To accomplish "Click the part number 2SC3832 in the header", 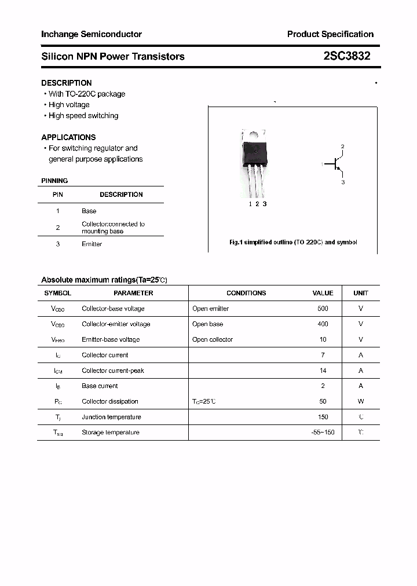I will pyautogui.click(x=347, y=56).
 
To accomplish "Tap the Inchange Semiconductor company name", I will pyautogui.click(x=92, y=34).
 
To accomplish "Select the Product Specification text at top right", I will pyautogui.click(x=330, y=34).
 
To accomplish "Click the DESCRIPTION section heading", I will pyautogui.click(x=66, y=83).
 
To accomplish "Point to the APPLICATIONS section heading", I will pyautogui.click(x=68, y=137).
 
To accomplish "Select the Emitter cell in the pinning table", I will pyautogui.click(x=92, y=244).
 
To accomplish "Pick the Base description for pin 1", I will pyautogui.click(x=89, y=211).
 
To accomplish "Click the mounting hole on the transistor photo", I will pyautogui.click(x=253, y=135).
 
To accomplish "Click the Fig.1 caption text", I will pyautogui.click(x=293, y=242).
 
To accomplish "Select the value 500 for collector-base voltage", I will pyautogui.click(x=323, y=309).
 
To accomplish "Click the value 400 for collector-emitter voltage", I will pyautogui.click(x=323, y=324).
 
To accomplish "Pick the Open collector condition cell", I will pyautogui.click(x=213, y=340).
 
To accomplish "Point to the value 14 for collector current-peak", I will pyautogui.click(x=323, y=371).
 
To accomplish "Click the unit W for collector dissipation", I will pyautogui.click(x=361, y=401).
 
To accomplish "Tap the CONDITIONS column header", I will pyautogui.click(x=246, y=293).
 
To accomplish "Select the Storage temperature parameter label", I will pyautogui.click(x=111, y=433).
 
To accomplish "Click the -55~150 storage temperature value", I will pyautogui.click(x=323, y=433).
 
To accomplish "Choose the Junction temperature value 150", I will pyautogui.click(x=323, y=417).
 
